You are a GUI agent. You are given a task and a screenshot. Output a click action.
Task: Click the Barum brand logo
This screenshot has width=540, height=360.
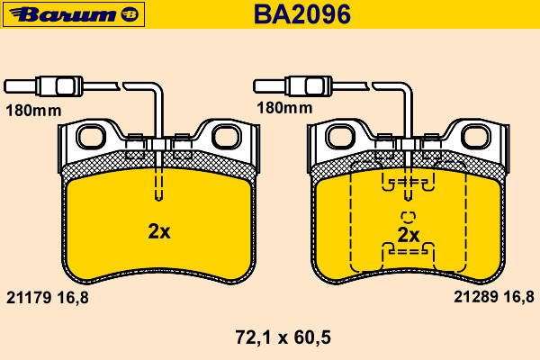[74, 14]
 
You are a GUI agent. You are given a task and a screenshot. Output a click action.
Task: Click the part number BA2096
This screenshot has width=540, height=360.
[302, 14]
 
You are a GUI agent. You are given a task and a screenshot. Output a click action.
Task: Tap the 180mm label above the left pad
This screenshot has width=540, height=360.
[33, 111]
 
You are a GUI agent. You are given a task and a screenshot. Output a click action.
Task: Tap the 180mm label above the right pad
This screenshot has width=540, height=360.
[284, 108]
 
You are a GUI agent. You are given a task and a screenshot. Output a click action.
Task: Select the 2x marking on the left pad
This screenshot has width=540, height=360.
[159, 231]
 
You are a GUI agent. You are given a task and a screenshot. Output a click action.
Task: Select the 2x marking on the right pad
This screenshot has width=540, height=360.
[409, 235]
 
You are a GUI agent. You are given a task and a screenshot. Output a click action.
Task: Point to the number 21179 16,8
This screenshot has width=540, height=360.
[48, 297]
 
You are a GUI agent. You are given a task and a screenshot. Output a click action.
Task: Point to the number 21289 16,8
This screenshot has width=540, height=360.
[494, 297]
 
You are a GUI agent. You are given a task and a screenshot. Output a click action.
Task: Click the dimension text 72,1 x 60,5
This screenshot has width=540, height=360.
[283, 337]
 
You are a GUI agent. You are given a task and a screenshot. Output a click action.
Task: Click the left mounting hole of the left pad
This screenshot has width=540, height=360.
[91, 137]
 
